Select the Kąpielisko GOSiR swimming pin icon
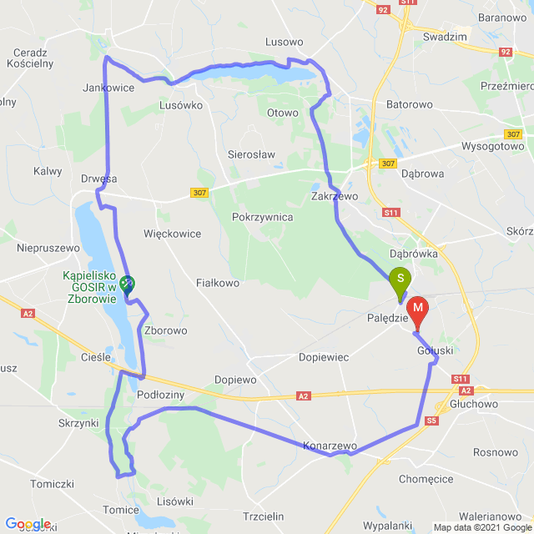[126, 284]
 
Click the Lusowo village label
[283, 42]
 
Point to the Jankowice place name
[108, 87]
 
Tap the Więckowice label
[172, 234]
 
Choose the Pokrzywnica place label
[262, 217]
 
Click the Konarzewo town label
[330, 446]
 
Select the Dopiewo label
[235, 380]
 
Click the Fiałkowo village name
[217, 283]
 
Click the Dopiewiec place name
[324, 357]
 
